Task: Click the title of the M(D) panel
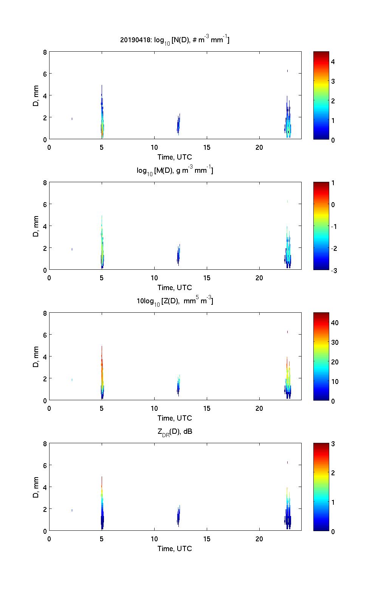click(175, 171)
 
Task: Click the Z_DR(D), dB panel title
click(175, 432)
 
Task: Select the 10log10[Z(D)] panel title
click(175, 301)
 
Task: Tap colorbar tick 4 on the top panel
click(333, 61)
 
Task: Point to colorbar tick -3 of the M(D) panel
click(333, 270)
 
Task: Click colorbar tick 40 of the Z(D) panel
click(335, 323)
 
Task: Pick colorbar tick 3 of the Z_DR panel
click(333, 444)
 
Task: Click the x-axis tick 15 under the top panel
click(207, 147)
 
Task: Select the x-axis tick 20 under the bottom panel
click(259, 539)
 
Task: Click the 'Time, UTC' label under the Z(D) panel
click(175, 418)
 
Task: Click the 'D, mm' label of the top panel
click(36, 96)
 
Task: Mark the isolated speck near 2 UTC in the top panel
click(72, 119)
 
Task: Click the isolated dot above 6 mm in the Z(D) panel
click(288, 332)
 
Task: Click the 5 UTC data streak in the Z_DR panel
click(102, 509)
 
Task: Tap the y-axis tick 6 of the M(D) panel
click(45, 204)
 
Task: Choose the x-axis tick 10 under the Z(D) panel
click(154, 408)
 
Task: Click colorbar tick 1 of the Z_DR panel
click(333, 502)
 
